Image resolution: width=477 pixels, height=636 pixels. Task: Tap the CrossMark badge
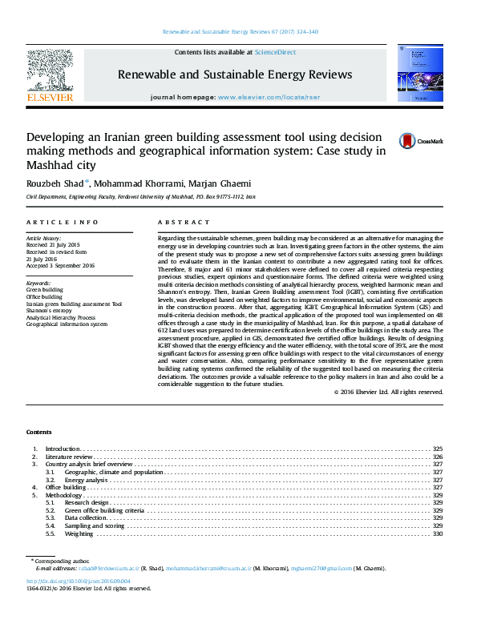[415, 141]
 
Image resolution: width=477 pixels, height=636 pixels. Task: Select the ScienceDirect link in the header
[275, 52]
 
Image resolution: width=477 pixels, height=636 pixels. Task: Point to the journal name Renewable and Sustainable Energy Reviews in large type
[235, 74]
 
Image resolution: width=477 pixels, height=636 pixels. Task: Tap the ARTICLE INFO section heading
[63, 222]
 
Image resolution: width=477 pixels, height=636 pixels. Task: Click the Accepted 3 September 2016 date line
[60, 265]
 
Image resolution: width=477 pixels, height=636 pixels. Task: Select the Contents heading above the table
[38, 432]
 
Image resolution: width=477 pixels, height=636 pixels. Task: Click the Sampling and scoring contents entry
[95, 525]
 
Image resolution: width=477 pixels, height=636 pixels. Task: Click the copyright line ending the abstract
[388, 392]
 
